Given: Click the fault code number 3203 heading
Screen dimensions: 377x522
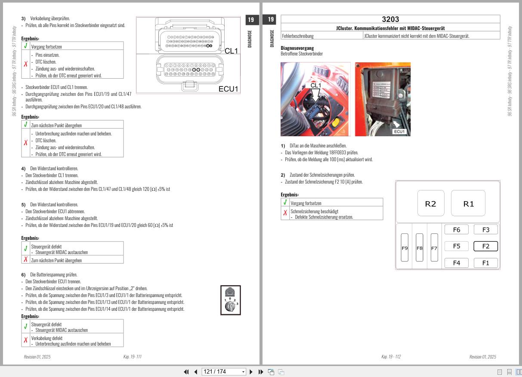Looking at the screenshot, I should coord(390,19).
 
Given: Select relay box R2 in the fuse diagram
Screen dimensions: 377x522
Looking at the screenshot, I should coord(430,204).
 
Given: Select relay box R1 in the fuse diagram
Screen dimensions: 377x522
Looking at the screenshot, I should coord(468,204).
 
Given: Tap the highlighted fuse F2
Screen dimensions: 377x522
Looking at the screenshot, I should coord(485,246).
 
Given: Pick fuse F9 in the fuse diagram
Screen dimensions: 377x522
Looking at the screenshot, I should coord(405,248).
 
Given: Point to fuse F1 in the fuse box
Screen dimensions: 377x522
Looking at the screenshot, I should coord(485,263).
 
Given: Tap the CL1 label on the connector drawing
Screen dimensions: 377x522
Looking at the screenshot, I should coord(231,51).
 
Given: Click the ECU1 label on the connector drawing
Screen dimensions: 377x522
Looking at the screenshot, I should coord(229,89).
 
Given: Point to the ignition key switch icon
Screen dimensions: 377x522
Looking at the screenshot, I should coord(230,300).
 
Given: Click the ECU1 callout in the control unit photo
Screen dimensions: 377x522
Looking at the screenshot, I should coord(399,132).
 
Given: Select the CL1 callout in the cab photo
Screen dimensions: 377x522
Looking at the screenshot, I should coord(315,86).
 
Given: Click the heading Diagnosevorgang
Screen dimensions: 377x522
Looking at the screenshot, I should coord(297,48).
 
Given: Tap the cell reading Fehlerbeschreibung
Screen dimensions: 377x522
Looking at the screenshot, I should coord(298,36).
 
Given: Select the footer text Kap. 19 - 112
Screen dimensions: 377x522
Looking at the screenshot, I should coord(391,357).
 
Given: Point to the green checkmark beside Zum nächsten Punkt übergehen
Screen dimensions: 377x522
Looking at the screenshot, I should coord(26,125).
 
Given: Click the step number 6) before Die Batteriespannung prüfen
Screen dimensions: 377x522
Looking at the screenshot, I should coord(24,275).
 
